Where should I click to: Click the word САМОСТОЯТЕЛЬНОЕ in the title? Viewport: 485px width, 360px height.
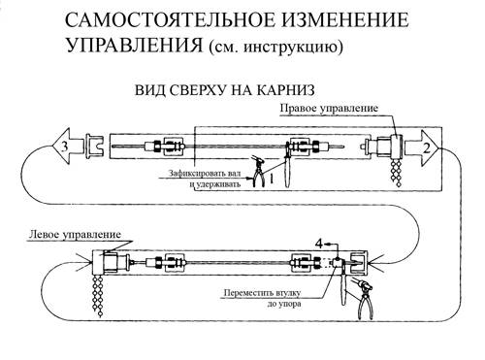coord(170,20)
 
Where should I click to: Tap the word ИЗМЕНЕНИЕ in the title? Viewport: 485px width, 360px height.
coord(345,20)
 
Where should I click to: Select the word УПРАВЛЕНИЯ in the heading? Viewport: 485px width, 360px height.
coord(134,45)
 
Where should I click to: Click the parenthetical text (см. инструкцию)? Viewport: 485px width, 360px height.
coord(275,47)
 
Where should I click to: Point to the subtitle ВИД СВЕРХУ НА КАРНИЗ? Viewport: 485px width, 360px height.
coord(225,90)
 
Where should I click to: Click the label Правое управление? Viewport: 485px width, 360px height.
coord(329,108)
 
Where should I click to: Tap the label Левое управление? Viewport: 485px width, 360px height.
coord(75,235)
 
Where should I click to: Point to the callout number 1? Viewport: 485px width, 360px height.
coord(272,179)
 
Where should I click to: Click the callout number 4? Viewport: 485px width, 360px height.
coord(319,244)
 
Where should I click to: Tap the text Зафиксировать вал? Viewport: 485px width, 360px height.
coord(205,173)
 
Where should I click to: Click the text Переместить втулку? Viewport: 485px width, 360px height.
coord(262,293)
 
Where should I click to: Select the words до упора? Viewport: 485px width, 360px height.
coord(284,304)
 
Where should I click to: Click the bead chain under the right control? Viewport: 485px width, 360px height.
coord(397,173)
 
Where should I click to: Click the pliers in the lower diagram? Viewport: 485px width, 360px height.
coord(365,298)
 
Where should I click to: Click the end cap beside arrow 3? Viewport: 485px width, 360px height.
coord(94,147)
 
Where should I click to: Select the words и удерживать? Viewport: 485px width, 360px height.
coord(215,184)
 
